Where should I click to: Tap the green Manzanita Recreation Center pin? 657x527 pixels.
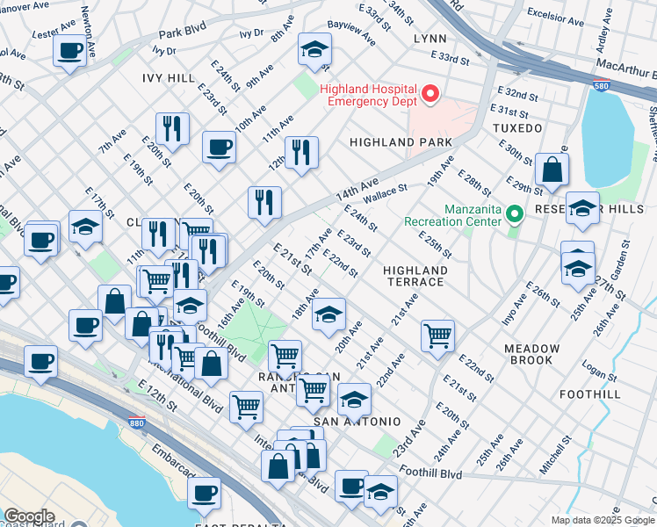(517, 213)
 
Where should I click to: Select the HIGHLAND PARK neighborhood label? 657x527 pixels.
(401, 142)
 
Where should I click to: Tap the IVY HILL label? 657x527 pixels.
(169, 78)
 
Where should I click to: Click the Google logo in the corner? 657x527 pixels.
(29, 516)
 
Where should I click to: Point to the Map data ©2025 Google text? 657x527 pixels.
(603, 520)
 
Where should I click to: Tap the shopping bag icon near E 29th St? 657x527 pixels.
(552, 171)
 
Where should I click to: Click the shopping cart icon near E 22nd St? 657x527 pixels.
(437, 335)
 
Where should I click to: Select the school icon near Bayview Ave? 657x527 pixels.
(314, 51)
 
